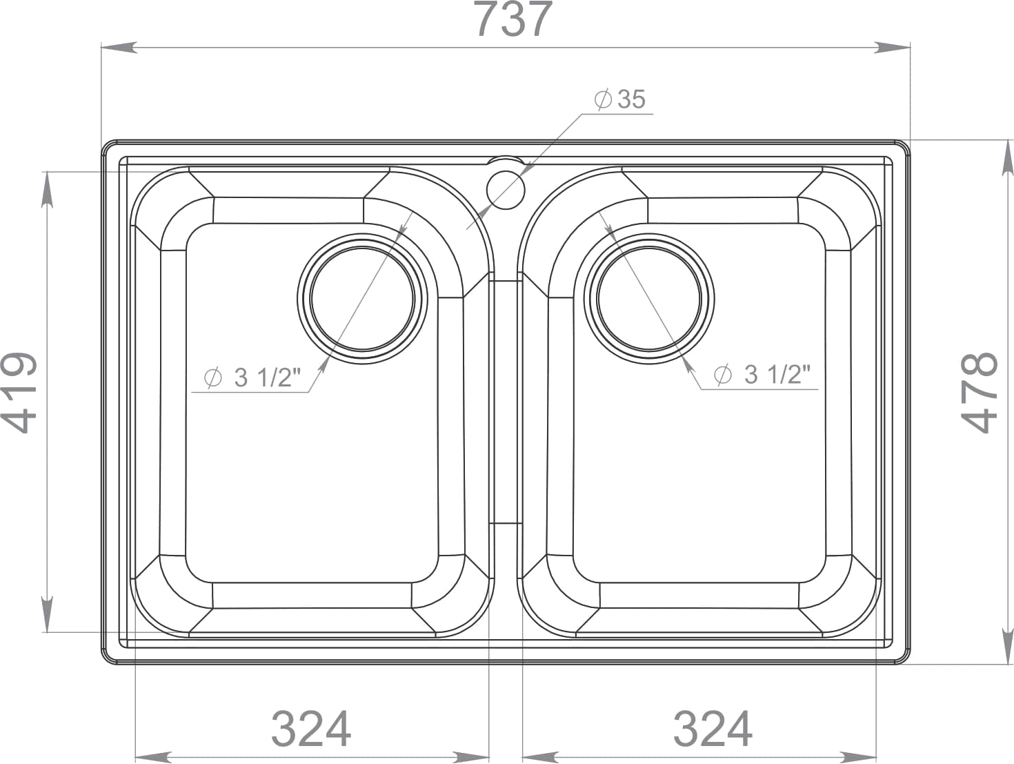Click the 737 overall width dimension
tap(514, 19)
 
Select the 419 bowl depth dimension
tap(19, 393)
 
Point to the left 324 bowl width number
tap(311, 729)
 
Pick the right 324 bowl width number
tap(713, 729)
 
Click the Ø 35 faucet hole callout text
tap(620, 99)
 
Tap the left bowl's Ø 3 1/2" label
tap(252, 378)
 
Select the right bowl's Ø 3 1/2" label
tap(762, 374)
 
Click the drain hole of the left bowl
tap(362, 299)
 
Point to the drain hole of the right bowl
tap(649, 299)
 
